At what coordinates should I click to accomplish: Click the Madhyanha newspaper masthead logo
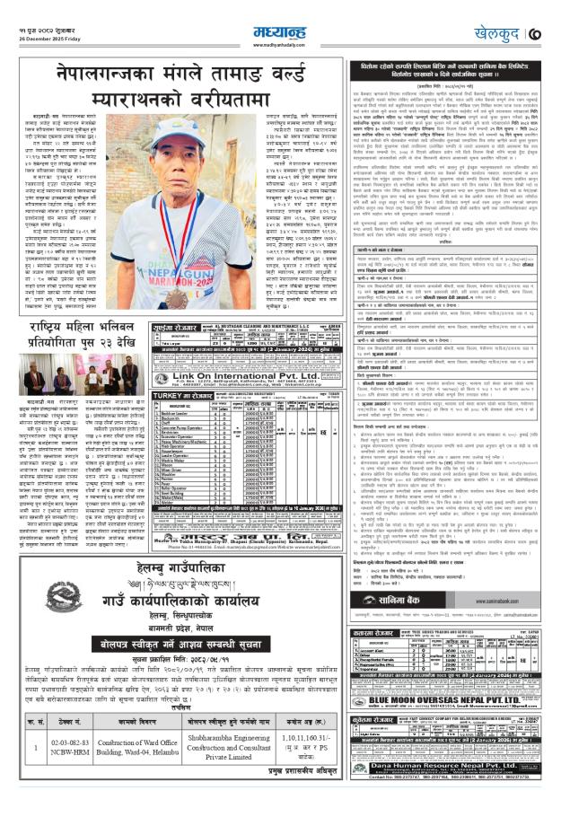pos(280,13)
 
